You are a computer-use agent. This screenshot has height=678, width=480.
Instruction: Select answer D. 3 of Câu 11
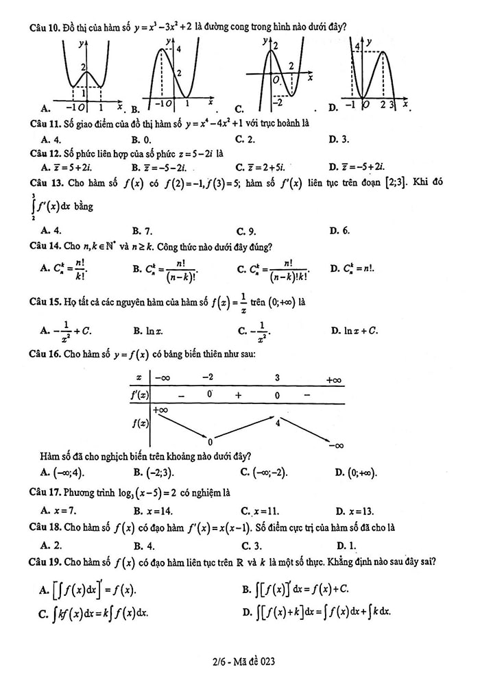point(339,139)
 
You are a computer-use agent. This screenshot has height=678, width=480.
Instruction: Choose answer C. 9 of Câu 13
point(246,231)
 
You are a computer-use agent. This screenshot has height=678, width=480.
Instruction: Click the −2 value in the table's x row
point(208,377)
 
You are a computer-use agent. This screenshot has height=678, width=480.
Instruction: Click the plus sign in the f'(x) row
point(239,395)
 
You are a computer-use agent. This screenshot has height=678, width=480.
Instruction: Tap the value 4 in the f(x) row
point(277,423)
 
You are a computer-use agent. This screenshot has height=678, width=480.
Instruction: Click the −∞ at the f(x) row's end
point(336,446)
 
